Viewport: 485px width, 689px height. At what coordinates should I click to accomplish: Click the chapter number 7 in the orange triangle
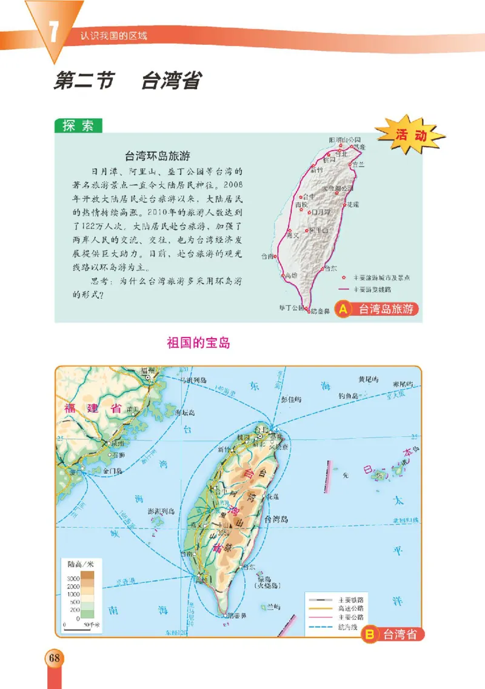[x=53, y=33]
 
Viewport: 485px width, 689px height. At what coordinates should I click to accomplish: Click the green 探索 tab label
[x=79, y=126]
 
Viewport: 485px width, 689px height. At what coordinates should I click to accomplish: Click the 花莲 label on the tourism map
[x=352, y=205]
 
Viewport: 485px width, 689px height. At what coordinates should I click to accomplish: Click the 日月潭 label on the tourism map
[x=321, y=212]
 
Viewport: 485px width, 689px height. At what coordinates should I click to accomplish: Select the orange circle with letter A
[x=343, y=310]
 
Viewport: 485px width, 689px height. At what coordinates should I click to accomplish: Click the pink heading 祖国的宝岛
[x=198, y=343]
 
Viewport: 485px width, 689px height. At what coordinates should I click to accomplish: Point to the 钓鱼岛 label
[x=349, y=396]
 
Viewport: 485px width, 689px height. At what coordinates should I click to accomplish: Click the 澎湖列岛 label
[x=161, y=511]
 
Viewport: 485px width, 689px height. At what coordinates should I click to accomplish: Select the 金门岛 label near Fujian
[x=113, y=470]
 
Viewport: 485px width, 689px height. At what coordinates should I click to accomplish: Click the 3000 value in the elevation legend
[x=73, y=579]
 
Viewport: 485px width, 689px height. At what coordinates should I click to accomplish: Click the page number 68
[x=54, y=657]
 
